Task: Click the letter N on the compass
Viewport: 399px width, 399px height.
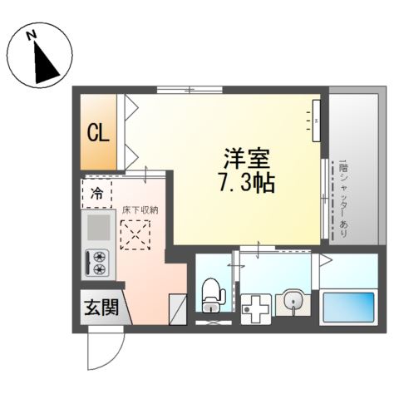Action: point(30,36)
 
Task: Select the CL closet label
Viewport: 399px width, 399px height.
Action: point(98,134)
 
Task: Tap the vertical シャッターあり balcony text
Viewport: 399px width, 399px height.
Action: point(342,199)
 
